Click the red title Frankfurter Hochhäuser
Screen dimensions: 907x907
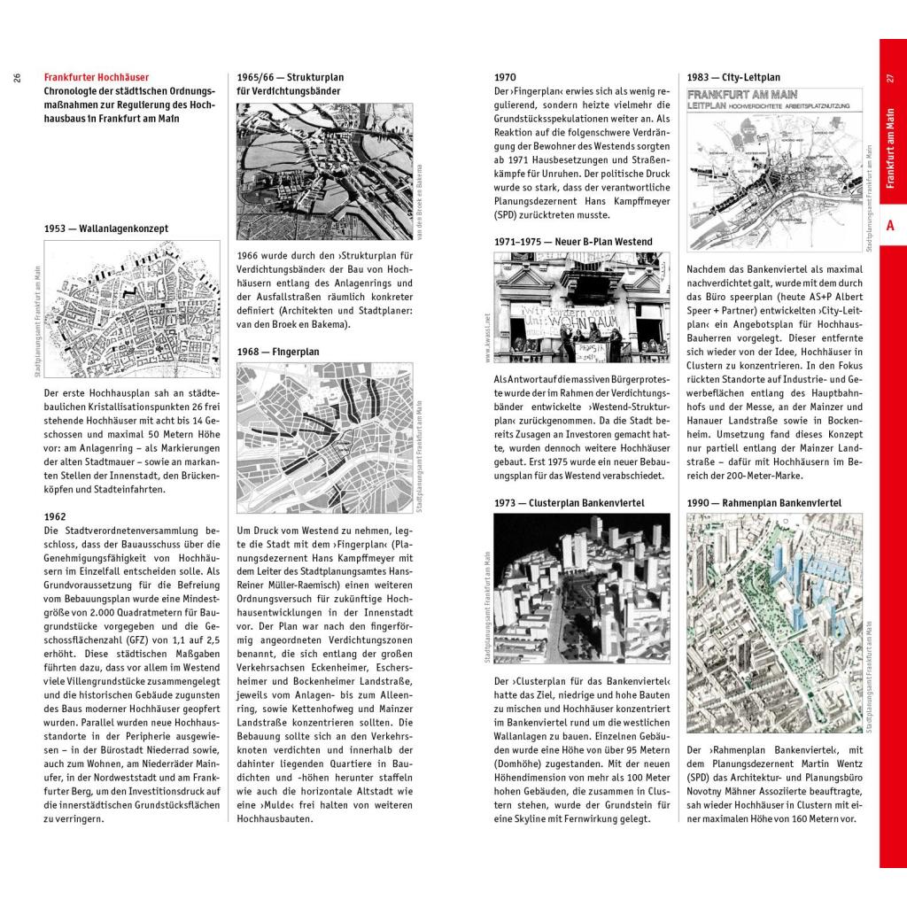pos(97,78)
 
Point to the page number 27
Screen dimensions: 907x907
pos(890,78)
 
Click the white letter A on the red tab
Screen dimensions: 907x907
pos(890,225)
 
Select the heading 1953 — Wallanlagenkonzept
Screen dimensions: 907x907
pos(106,229)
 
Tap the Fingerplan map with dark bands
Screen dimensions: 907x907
pos(325,438)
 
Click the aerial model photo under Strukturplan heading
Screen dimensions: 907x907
pos(325,171)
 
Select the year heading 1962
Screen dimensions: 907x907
pos(55,516)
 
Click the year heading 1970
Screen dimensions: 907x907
pos(505,78)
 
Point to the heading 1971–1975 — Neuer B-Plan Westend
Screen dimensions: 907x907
pos(573,242)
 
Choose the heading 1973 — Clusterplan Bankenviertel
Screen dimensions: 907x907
pos(569,503)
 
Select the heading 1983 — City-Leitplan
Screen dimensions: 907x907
pos(733,78)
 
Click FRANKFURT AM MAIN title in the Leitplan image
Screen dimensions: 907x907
pos(742,94)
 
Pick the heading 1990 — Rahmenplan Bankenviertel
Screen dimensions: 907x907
pos(764,503)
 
